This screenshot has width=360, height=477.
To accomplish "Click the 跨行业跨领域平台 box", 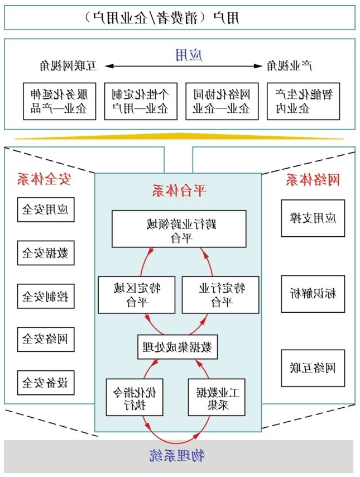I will tap(179, 229).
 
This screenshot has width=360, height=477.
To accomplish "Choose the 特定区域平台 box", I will tap(134, 294).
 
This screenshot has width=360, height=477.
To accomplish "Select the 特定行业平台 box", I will tap(221, 294).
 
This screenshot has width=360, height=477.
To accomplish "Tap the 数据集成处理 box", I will tap(177, 346).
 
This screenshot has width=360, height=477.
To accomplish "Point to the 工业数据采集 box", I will tap(217, 397).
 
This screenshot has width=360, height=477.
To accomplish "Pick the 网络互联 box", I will tap(313, 368).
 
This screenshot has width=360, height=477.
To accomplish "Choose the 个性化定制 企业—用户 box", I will tap(141, 101).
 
